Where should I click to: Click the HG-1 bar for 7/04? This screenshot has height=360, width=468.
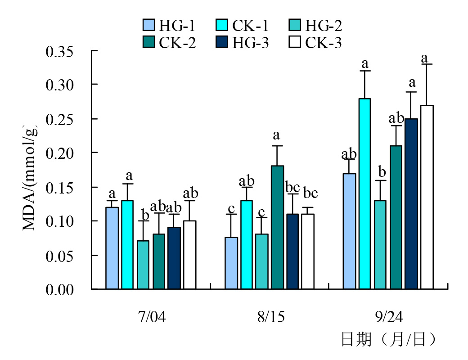click(112, 248)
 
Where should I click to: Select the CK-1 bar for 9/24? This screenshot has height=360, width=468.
click(364, 193)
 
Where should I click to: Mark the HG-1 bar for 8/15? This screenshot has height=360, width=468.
click(231, 263)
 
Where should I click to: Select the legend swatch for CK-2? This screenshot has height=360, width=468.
click(148, 42)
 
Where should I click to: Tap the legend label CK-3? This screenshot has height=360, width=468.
click(324, 43)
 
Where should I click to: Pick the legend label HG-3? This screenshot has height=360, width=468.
click(251, 43)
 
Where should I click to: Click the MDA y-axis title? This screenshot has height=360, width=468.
click(30, 174)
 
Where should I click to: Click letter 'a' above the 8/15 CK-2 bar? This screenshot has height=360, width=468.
click(277, 135)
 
